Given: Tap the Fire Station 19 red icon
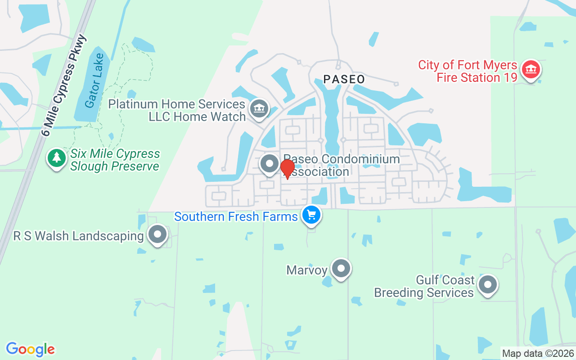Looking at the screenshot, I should coord(531,70).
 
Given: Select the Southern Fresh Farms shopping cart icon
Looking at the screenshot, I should coord(311,215).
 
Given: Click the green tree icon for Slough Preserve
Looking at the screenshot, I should coord(56,158).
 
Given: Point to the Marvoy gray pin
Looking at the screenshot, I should coord(341,269).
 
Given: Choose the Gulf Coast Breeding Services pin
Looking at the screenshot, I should coord(487,285).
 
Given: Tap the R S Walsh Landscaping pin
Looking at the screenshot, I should coord(157,234).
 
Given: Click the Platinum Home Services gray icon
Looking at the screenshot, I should coord(259,108).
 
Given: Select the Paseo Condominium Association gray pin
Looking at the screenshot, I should coord(270,164).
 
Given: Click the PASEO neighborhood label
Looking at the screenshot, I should coord(344,80).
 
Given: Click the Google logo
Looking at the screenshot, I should coord(31,349).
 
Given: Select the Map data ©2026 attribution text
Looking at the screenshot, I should coord(538,354).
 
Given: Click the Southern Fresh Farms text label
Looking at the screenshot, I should coord(236,217).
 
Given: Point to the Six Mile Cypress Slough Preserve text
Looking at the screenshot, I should coord(115,160).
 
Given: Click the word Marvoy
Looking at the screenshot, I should coord(307,270).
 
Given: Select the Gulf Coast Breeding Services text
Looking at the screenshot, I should coord(424,287).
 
